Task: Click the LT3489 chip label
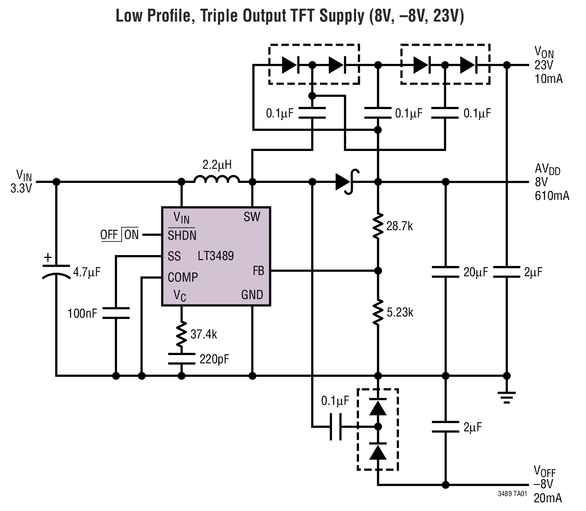215,256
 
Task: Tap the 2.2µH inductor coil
217,179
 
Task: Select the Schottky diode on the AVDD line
346,181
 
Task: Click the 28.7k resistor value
399,226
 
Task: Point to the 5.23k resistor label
400,312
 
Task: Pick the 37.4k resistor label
203,334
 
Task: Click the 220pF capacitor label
214,359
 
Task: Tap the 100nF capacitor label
82,314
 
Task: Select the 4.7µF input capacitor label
87,272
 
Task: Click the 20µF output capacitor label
476,272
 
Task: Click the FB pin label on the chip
258,271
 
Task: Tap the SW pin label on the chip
251,217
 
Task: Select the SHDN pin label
182,235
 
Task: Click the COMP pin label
183,277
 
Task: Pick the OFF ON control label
120,235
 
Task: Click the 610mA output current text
552,195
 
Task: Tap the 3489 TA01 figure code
512,494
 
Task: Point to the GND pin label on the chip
252,295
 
